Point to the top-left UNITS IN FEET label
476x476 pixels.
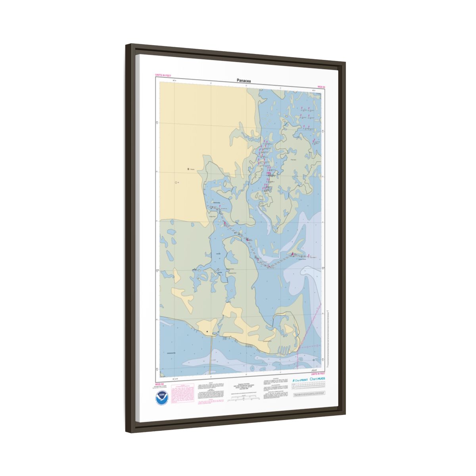[x=163, y=75]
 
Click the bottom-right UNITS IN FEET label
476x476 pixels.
[x=318, y=374]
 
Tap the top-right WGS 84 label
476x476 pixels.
[x=321, y=86]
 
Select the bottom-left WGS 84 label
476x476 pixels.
[x=159, y=384]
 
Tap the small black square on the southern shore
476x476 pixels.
[x=207, y=332]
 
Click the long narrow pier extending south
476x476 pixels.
[x=211, y=353]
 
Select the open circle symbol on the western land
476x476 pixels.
[x=176, y=182]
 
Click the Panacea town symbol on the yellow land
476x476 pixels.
[x=188, y=169]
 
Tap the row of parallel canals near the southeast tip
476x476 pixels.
[x=285, y=349]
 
